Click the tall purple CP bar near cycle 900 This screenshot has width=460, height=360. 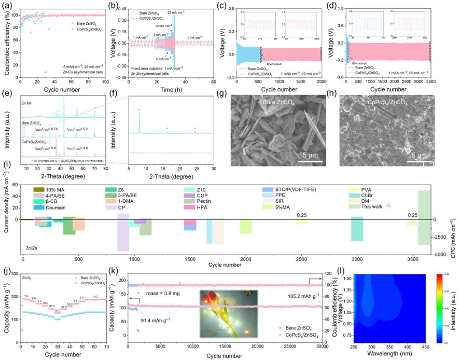pyautogui.click(x=123, y=231)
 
